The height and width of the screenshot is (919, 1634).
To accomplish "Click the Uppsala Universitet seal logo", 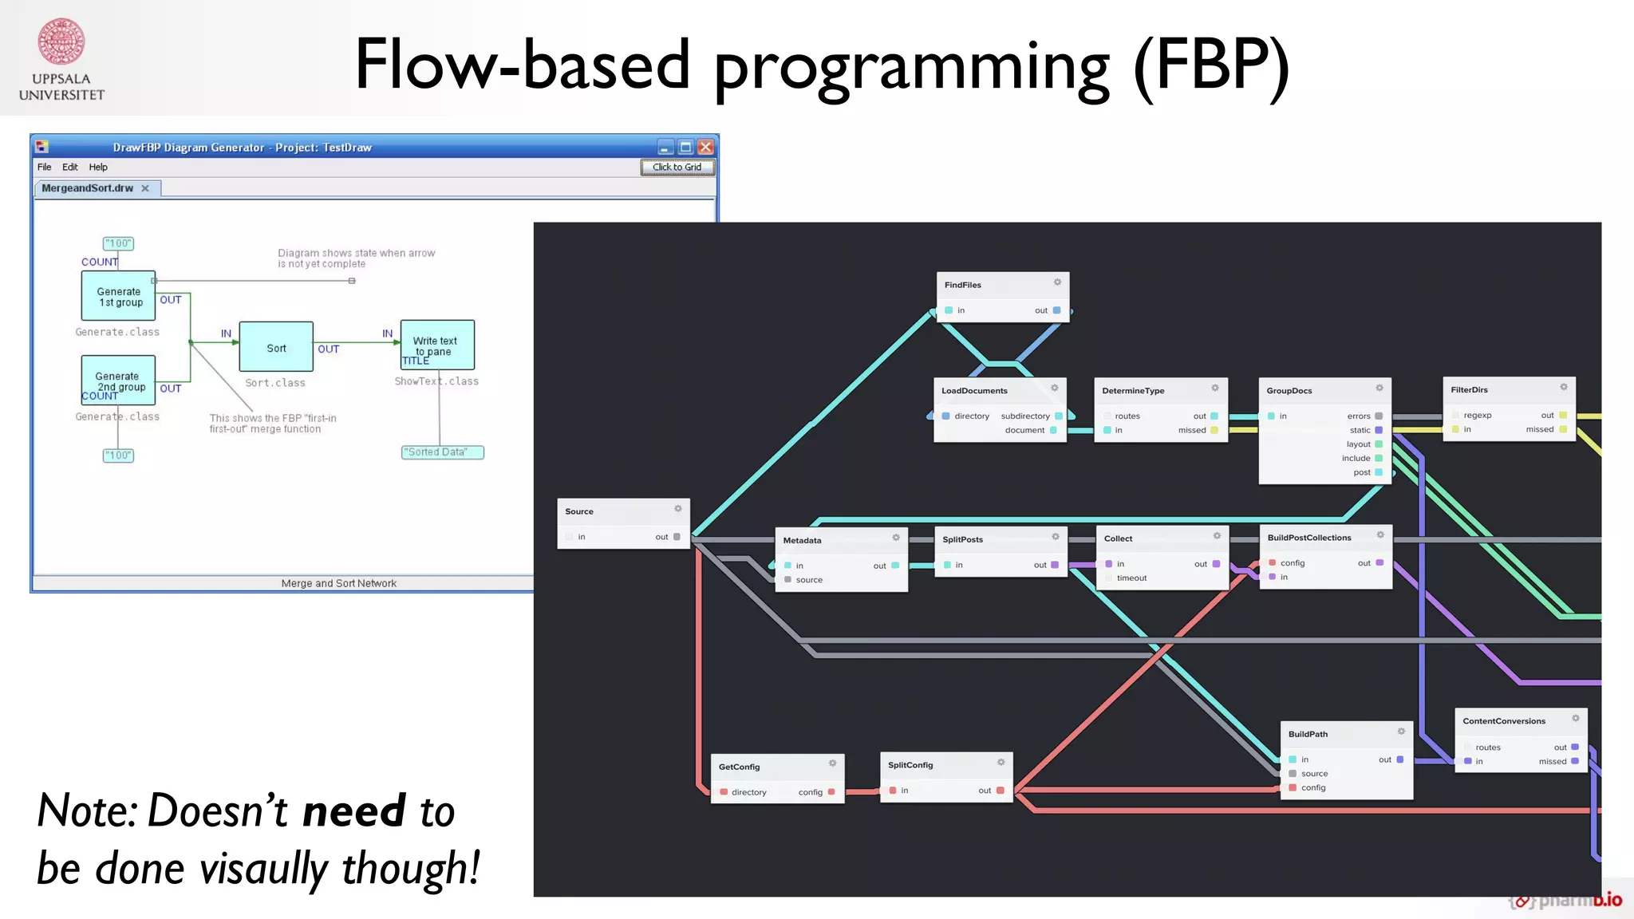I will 61,41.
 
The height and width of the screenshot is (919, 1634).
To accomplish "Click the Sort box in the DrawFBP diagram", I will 276,347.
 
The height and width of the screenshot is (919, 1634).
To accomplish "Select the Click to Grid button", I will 677,167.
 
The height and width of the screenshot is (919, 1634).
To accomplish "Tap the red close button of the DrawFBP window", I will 705,147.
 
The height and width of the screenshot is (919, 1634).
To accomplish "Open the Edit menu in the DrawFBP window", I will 70,167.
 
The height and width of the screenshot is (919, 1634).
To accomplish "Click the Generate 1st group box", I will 118,296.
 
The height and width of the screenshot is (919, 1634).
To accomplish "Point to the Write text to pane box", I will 437,345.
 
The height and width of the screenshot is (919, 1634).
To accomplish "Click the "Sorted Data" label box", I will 442,452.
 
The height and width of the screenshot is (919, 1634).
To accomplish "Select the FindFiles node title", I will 962,285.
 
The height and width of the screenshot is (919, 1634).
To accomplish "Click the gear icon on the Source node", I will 677,509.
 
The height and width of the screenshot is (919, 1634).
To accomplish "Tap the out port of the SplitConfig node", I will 1000,791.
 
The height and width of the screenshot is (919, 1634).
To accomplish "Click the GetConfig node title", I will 739,767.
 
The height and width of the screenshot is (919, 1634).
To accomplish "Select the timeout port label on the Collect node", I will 1131,578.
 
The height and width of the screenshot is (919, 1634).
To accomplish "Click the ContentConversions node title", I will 1503,721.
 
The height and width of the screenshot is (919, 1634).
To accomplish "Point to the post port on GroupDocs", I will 1378,472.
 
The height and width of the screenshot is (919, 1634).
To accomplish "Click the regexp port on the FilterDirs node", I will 1477,416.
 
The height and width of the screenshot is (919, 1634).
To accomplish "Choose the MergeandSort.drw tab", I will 88,188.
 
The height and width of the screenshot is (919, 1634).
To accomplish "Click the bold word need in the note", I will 354,812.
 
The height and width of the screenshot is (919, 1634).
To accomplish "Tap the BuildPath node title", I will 1308,734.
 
